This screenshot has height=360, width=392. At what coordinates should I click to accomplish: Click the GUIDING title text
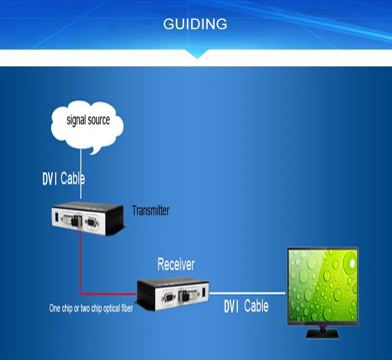(195, 24)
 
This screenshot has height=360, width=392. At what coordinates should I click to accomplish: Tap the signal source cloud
(87, 126)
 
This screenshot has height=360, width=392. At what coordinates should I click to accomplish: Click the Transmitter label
(151, 211)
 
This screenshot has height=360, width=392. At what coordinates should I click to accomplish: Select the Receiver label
(176, 264)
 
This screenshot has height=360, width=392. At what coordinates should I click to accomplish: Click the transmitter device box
(88, 219)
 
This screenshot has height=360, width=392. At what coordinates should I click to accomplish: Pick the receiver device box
(173, 294)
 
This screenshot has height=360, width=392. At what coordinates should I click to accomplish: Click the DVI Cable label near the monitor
(246, 306)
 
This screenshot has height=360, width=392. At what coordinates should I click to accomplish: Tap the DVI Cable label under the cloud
(63, 178)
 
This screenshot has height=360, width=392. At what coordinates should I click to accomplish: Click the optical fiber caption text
(91, 308)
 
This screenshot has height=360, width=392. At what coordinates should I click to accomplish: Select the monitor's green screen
(323, 285)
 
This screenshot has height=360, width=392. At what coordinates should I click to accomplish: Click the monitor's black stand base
(322, 334)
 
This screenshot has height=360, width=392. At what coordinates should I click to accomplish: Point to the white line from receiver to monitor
(247, 293)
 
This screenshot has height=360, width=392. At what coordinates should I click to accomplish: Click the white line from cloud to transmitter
(80, 174)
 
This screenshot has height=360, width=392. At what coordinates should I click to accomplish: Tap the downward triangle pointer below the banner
(197, 54)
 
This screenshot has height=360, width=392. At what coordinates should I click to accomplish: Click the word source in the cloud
(99, 120)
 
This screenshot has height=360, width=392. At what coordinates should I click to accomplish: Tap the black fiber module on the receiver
(185, 296)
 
